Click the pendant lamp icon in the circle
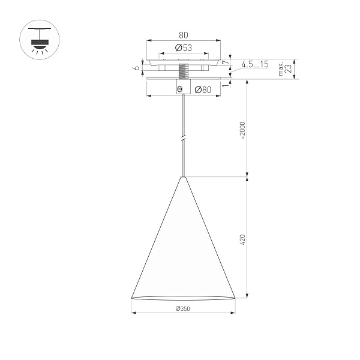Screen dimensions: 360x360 40,40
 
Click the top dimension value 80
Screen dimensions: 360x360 183,35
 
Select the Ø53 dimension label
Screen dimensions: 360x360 183,48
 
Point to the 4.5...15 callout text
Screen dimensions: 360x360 255,64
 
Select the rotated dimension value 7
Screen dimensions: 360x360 225,61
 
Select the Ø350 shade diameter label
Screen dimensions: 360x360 182,308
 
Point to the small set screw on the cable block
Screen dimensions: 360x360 179,89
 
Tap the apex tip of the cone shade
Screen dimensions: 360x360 183,178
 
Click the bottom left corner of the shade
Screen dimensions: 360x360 131,298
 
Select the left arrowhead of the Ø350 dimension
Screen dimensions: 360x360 133,313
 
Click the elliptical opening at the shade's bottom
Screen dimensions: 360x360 183,298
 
